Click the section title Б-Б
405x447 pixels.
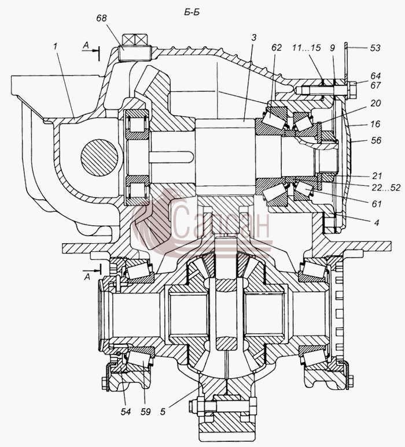click(192, 13)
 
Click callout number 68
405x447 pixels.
click(101, 18)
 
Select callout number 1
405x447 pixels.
click(55, 46)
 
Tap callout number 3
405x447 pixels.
click(253, 38)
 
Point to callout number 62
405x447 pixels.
click(276, 47)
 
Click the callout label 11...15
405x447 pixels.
click(307, 47)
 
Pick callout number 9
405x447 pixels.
click(332, 47)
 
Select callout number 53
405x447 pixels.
click(375, 48)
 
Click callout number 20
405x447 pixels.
click(375, 103)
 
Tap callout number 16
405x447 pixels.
click(375, 124)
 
